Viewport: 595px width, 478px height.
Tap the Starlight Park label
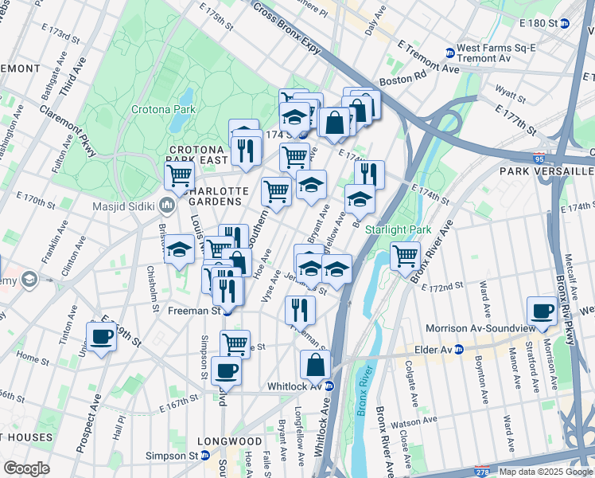[397, 229]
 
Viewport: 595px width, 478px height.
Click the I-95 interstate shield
[541, 158]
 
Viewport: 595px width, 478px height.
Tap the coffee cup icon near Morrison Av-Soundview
[543, 311]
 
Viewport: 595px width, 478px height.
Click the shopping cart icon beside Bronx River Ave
[406, 256]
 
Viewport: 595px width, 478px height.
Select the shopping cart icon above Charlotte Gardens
[181, 174]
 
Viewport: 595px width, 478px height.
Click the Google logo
[26, 468]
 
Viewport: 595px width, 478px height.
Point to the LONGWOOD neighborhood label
[231, 441]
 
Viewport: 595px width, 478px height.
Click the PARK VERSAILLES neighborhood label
[546, 171]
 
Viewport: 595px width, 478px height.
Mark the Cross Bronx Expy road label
[287, 27]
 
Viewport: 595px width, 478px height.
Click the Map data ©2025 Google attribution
[546, 472]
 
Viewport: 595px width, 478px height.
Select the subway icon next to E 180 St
[566, 24]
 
